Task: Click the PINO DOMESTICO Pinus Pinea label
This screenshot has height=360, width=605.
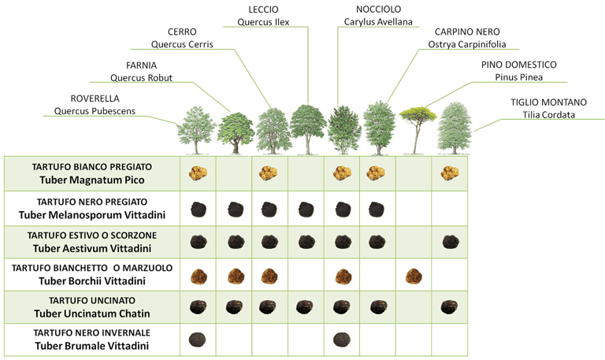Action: [x=518, y=70]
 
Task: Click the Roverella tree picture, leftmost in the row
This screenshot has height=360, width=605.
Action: [x=194, y=130]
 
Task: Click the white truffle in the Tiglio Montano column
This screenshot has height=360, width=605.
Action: [x=450, y=172]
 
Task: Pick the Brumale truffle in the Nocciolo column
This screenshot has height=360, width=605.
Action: [x=341, y=340]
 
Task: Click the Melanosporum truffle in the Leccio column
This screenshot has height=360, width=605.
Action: [x=306, y=209]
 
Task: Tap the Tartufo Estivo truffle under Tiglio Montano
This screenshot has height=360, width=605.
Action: [x=450, y=241]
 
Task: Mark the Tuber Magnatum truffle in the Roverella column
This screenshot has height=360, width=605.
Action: [x=198, y=172]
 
